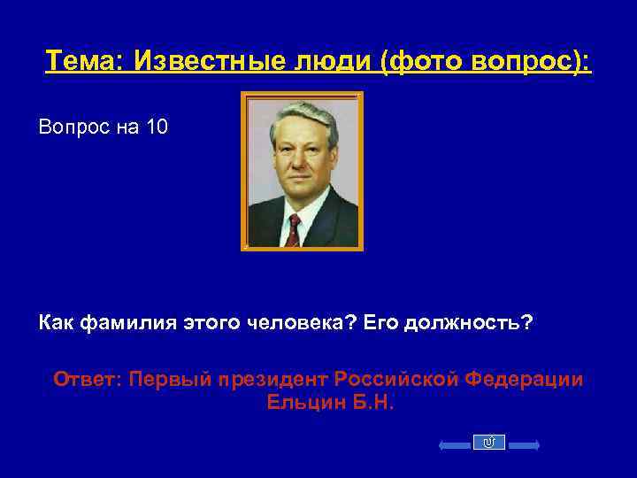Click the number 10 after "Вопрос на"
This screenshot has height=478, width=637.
[x=157, y=128]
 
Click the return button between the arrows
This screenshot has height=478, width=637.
[x=489, y=443]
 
